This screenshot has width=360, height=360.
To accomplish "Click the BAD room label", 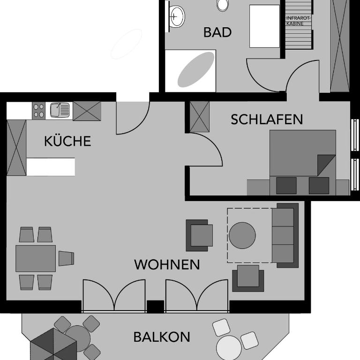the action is [x=217, y=32].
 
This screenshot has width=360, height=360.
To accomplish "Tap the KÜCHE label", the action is [x=67, y=141].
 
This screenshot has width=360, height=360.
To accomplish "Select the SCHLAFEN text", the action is [x=267, y=120].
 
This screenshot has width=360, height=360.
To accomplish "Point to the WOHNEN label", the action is [x=167, y=264].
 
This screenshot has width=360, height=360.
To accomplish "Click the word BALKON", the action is [x=162, y=337].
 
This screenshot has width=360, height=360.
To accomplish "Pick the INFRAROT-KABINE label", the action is [x=299, y=21].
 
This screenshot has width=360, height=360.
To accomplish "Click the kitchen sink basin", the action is [x=60, y=110].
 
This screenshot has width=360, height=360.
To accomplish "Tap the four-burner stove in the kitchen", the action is [x=38, y=111].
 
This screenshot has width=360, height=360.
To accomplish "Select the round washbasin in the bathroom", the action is [x=177, y=16].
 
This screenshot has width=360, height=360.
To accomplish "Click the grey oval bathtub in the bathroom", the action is [x=196, y=69].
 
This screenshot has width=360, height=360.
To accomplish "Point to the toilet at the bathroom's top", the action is [x=223, y=5].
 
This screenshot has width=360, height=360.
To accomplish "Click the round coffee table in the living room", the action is [x=242, y=235].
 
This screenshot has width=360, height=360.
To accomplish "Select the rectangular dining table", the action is [x=36, y=258].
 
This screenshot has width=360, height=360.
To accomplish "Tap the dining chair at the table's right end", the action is [x=67, y=258].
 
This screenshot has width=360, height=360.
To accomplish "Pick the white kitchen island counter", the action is [x=51, y=167].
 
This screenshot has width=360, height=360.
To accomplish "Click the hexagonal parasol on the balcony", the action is [x=53, y=345].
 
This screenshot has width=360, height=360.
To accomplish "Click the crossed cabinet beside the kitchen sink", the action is [x=87, y=111].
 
